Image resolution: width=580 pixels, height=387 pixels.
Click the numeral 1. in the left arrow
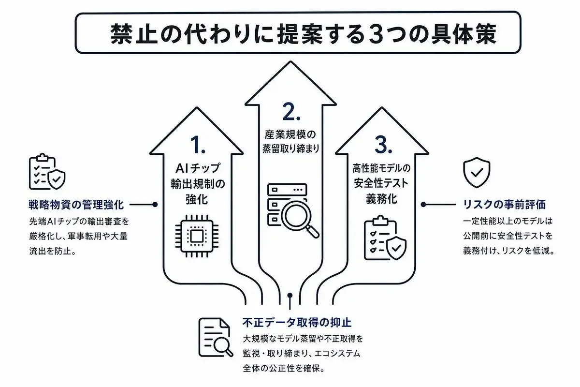198,145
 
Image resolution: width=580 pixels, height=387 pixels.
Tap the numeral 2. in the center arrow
291,112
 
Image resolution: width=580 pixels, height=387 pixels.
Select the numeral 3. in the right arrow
383,145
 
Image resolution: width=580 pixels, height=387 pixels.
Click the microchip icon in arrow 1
197,236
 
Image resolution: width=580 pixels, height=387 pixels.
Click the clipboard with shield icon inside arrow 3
385,238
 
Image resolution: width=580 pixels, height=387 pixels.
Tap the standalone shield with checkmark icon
477,172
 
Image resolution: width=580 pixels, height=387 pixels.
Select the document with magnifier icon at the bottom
216,337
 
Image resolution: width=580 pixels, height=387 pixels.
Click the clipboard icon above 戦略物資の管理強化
47,172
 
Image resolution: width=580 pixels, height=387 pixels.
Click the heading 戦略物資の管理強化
76,205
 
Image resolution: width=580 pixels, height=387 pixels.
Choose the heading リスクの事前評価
504,205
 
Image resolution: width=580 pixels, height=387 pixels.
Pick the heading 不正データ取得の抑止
297,323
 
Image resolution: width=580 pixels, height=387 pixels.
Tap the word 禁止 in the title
134,34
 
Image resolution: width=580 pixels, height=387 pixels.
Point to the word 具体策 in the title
463,34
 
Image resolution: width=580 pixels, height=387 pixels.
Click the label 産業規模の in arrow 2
290,134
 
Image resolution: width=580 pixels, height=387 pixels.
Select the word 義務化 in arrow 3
381,199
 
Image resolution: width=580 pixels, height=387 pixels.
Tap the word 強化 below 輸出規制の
197,200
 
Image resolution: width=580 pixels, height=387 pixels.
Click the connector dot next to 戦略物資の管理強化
155,205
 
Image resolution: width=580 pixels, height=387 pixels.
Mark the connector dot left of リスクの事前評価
423,205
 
